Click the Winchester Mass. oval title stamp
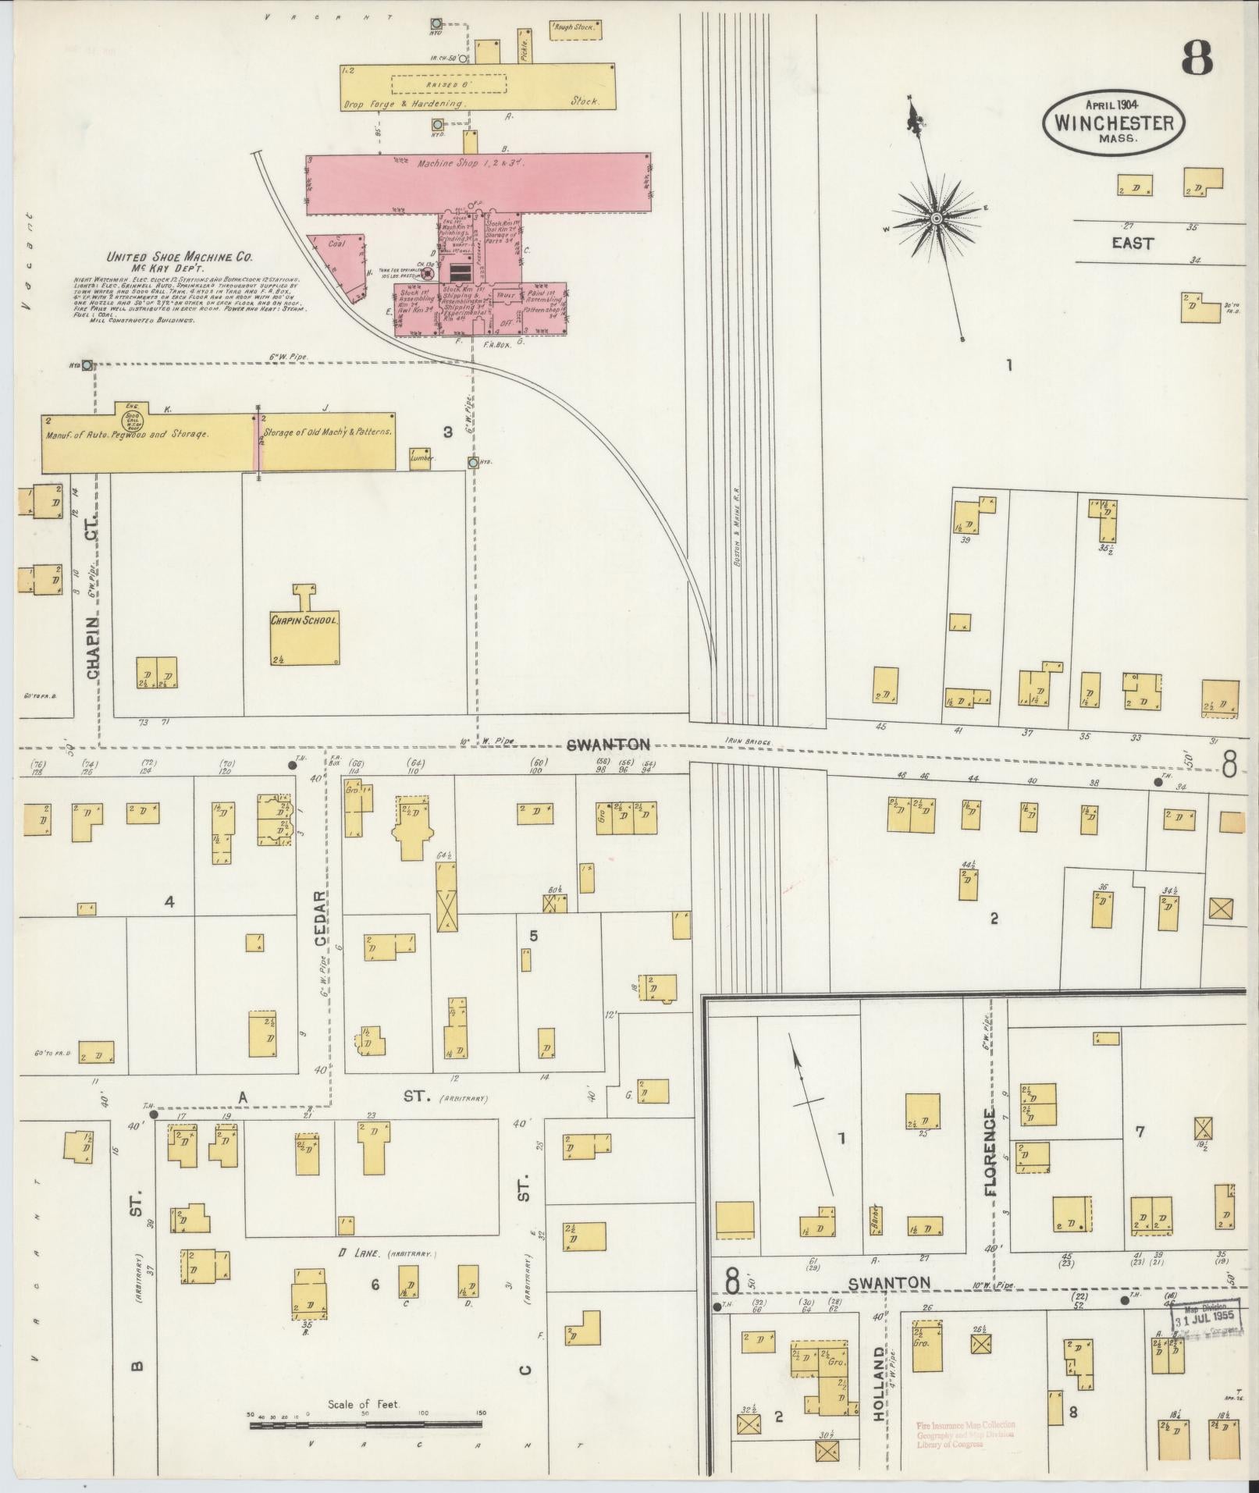coord(1114,122)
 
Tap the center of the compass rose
coord(935,219)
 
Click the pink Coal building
coord(337,264)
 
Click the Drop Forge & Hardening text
coord(404,103)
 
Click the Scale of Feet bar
coord(367,1425)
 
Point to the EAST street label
coord(1133,243)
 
